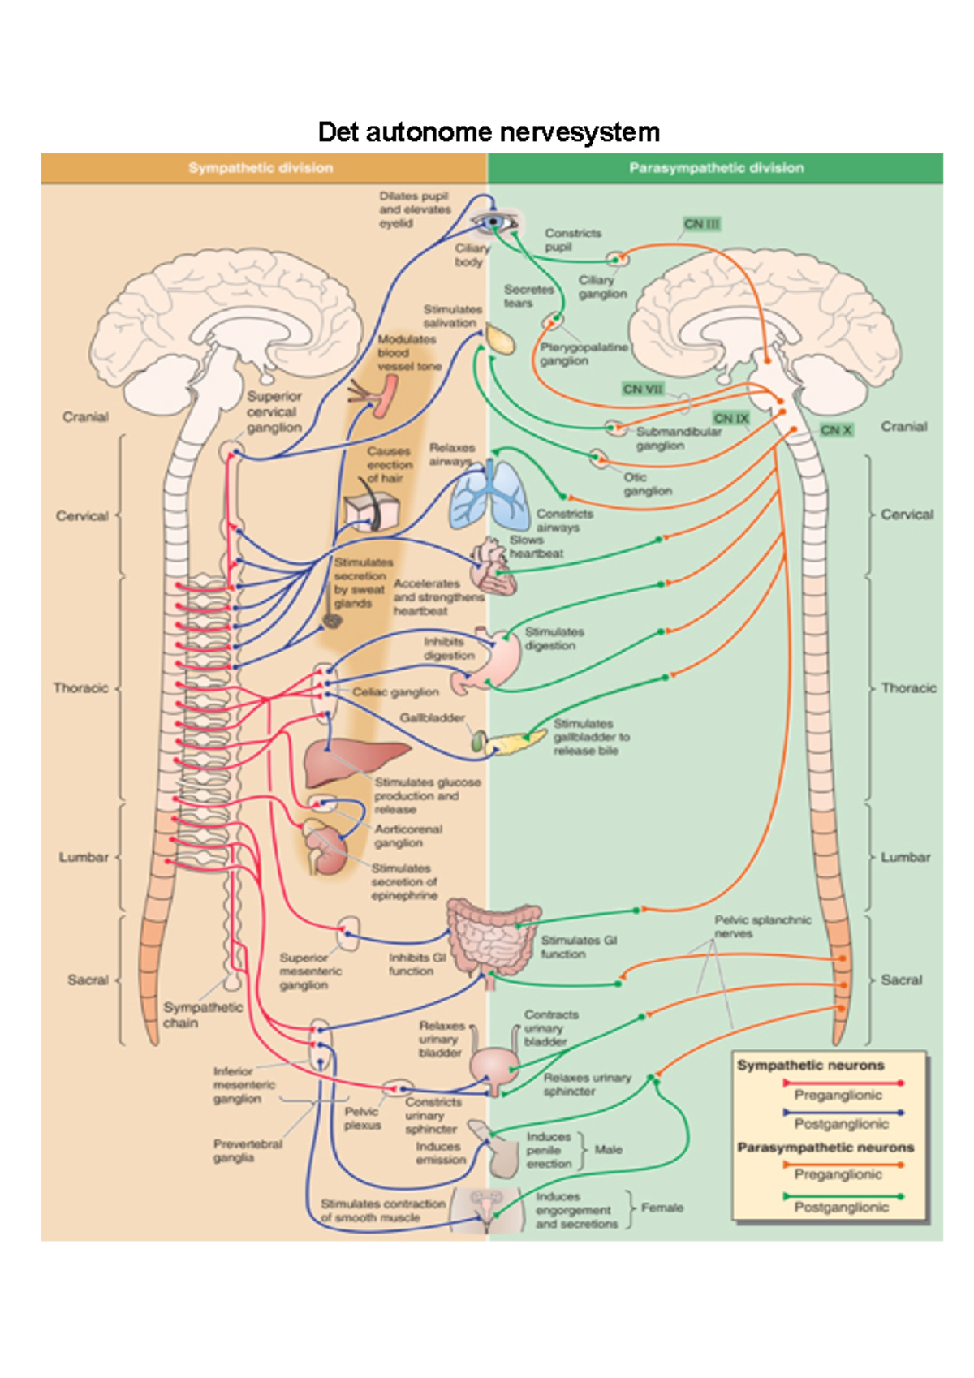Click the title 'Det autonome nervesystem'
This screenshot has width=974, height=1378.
[488, 131]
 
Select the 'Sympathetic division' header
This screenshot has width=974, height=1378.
[261, 168]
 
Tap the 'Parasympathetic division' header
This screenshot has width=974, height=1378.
[716, 168]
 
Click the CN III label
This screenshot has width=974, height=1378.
[701, 224]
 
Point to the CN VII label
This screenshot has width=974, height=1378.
[643, 390]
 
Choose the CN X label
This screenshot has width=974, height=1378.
[836, 430]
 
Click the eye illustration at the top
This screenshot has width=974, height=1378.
[494, 222]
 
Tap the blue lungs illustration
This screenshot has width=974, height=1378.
[490, 495]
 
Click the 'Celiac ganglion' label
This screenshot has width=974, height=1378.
[395, 692]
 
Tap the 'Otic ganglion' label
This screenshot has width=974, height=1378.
[647, 484]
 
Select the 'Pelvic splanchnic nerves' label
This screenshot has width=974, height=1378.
[762, 927]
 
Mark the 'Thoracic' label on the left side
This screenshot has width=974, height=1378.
[80, 688]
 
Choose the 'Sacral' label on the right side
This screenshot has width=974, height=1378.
[901, 980]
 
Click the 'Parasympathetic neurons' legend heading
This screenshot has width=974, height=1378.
[825, 1148]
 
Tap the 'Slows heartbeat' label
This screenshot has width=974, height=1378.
[536, 546]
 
